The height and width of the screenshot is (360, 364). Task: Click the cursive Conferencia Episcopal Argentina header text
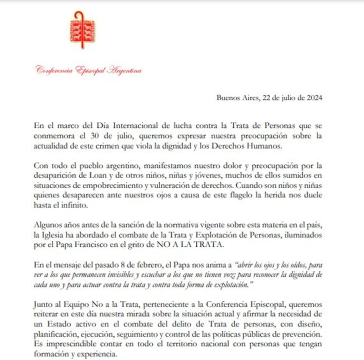point(88,70)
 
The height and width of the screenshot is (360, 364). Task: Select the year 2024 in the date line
point(313,98)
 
